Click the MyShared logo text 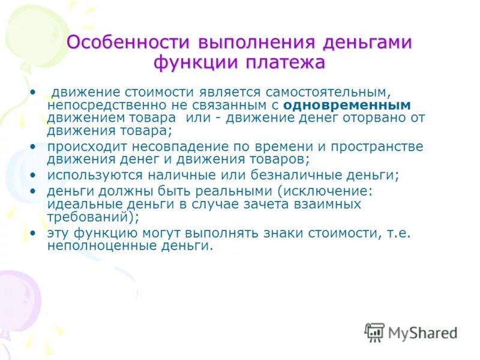422,332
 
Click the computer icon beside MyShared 374,332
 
